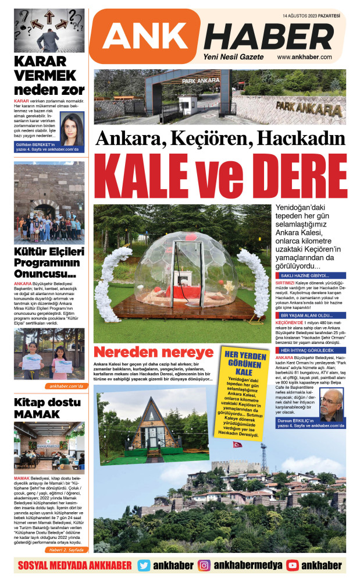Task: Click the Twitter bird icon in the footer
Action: point(144,565)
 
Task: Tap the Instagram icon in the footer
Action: point(204,565)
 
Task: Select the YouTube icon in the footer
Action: point(293,565)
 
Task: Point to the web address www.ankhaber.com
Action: point(304,57)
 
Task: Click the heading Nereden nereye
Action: point(154,352)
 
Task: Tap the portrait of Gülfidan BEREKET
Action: point(72,128)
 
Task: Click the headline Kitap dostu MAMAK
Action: point(38,409)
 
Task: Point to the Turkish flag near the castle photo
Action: point(237,444)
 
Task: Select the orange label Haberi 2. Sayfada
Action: point(66,549)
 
